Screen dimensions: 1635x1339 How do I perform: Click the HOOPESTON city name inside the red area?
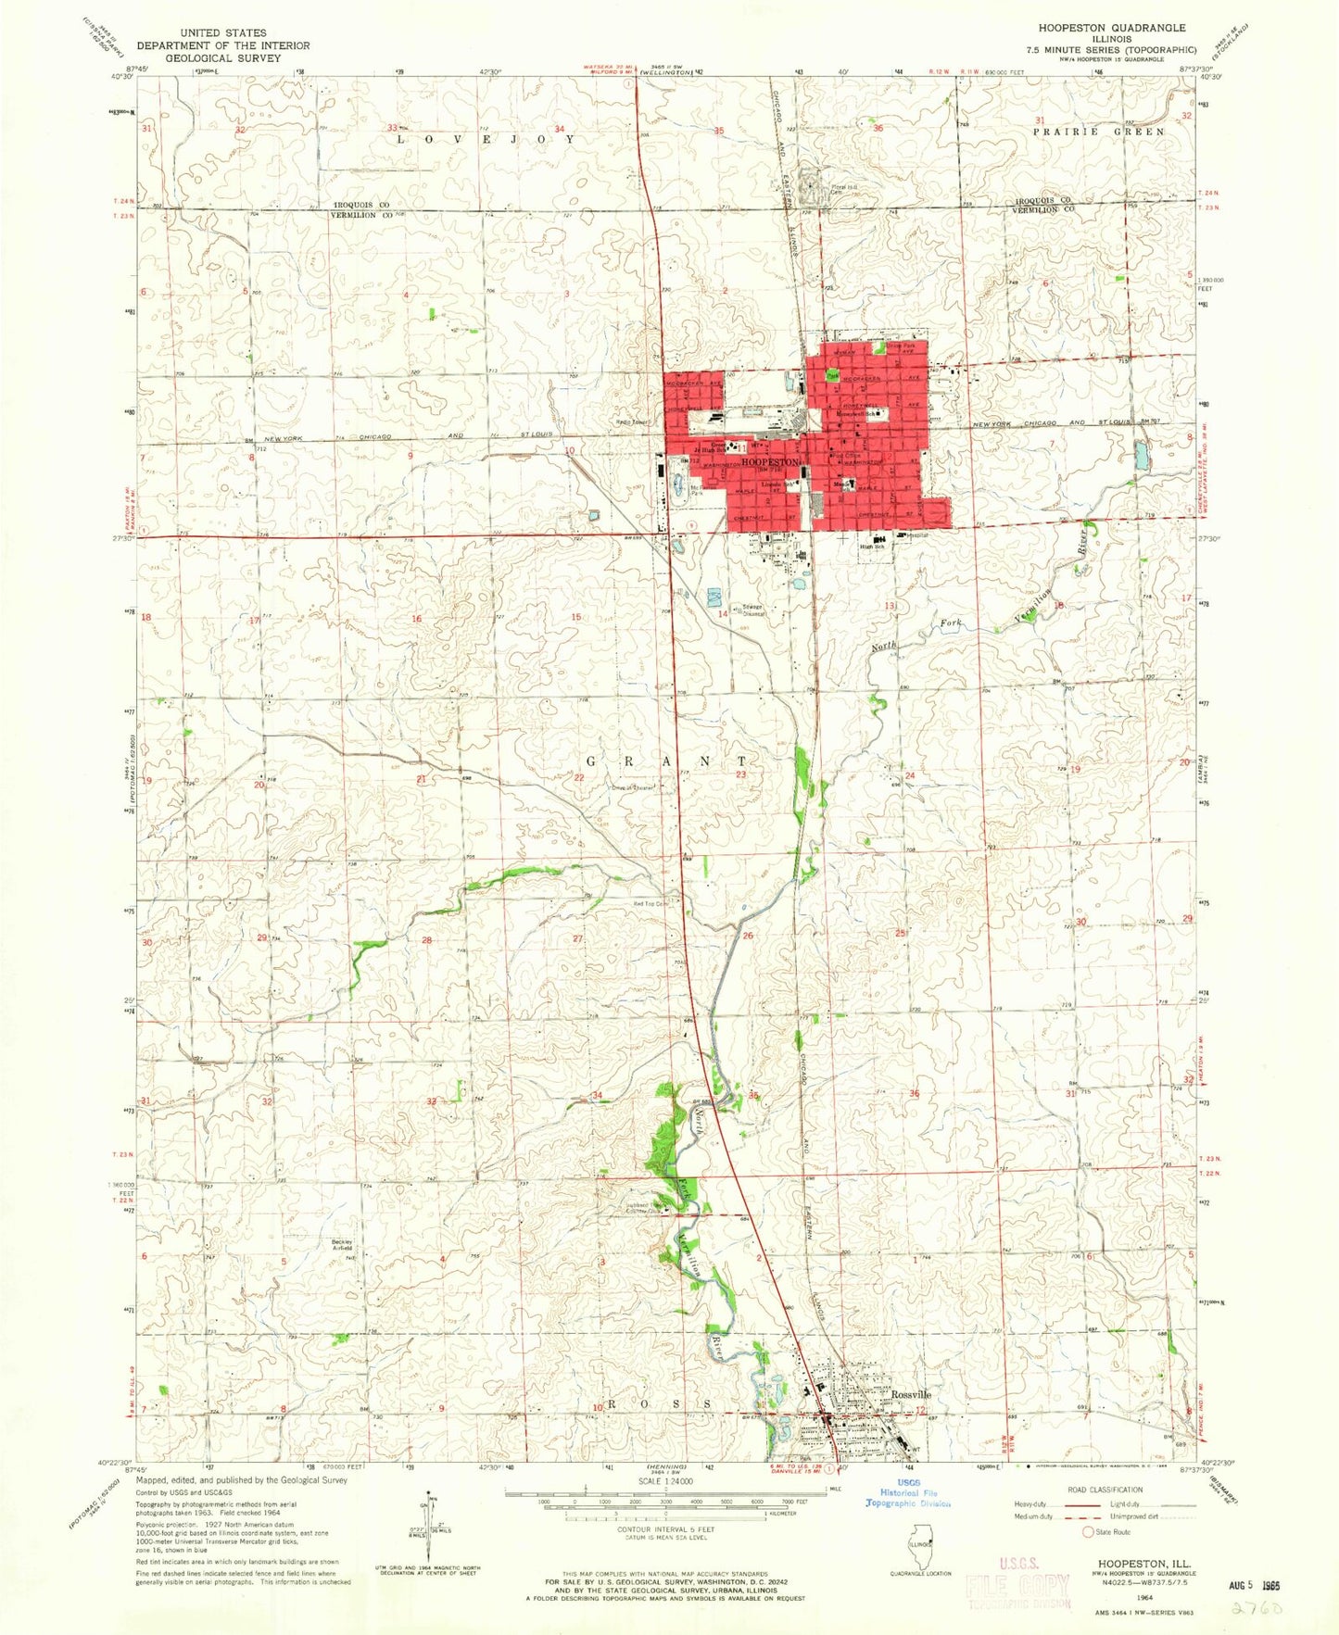click(x=770, y=461)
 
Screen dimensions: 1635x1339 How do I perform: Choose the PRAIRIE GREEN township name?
click(x=1099, y=132)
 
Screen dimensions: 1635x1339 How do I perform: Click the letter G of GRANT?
click(x=591, y=761)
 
